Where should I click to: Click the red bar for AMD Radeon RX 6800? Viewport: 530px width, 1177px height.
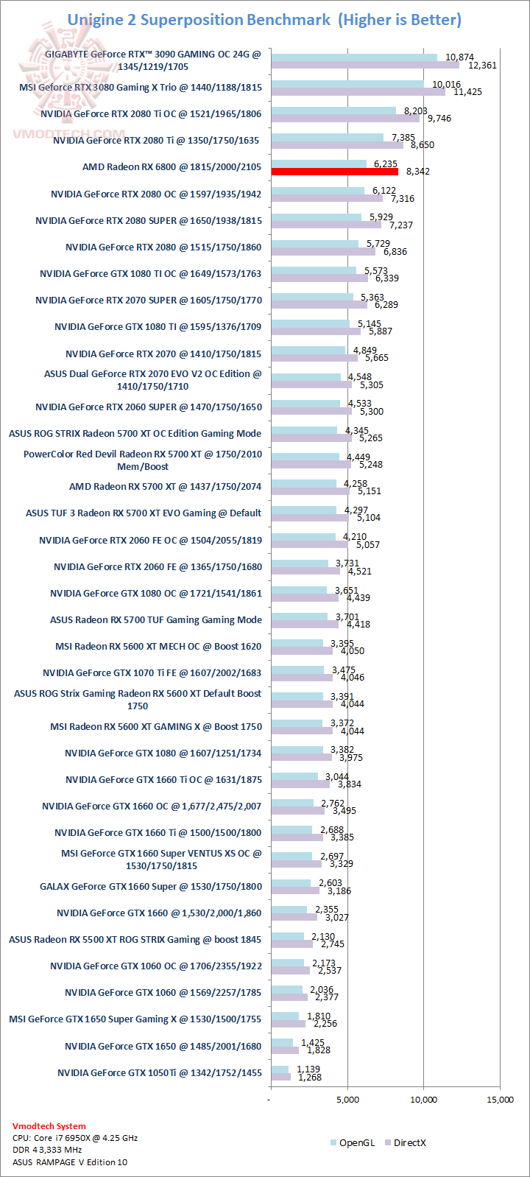click(335, 172)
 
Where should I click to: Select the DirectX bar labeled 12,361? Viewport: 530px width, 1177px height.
click(364, 65)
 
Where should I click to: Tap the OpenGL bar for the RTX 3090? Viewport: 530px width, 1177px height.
click(353, 57)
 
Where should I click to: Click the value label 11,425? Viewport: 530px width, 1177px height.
click(467, 92)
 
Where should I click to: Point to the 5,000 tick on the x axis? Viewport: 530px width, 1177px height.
click(347, 1100)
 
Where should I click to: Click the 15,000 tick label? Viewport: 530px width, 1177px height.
click(500, 1100)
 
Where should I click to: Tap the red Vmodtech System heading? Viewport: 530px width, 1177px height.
click(49, 1125)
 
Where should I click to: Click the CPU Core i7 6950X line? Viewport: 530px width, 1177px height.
click(75, 1137)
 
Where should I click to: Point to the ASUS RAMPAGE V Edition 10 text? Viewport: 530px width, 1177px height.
click(70, 1162)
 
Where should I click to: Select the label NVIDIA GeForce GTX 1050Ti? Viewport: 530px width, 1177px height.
click(160, 1072)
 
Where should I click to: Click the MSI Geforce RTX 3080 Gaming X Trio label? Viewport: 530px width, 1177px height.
click(141, 87)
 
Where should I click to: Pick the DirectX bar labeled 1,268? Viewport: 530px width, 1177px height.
click(281, 1077)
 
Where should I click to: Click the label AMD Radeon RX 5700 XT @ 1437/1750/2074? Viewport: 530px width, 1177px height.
click(166, 486)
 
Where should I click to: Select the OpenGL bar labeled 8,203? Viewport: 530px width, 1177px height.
click(333, 110)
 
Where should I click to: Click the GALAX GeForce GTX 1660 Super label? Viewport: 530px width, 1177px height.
click(151, 886)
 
